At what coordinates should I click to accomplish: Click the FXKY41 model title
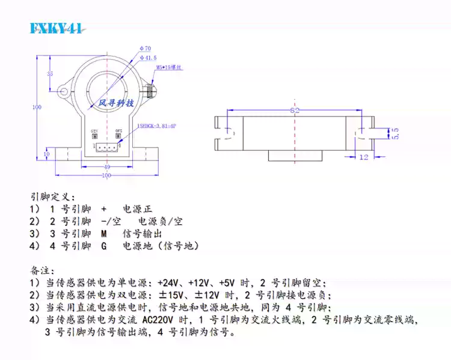[x=57, y=29]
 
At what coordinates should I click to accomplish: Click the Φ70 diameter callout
[x=145, y=47]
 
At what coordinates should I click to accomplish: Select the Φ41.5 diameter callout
[x=148, y=58]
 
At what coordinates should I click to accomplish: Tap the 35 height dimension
[x=50, y=73]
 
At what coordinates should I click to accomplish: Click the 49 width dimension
[x=106, y=166]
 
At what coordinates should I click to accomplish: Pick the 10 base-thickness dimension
[x=48, y=154]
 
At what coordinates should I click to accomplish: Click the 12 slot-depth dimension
[x=363, y=157]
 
